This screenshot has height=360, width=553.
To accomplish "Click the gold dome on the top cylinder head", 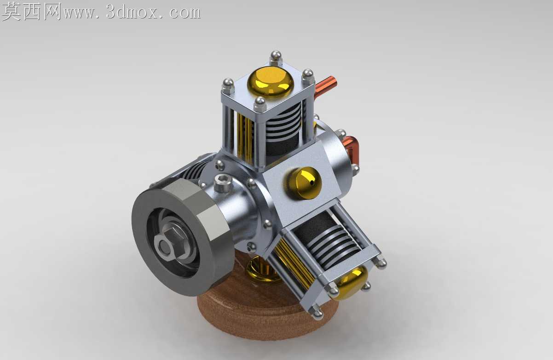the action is click(271, 81).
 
